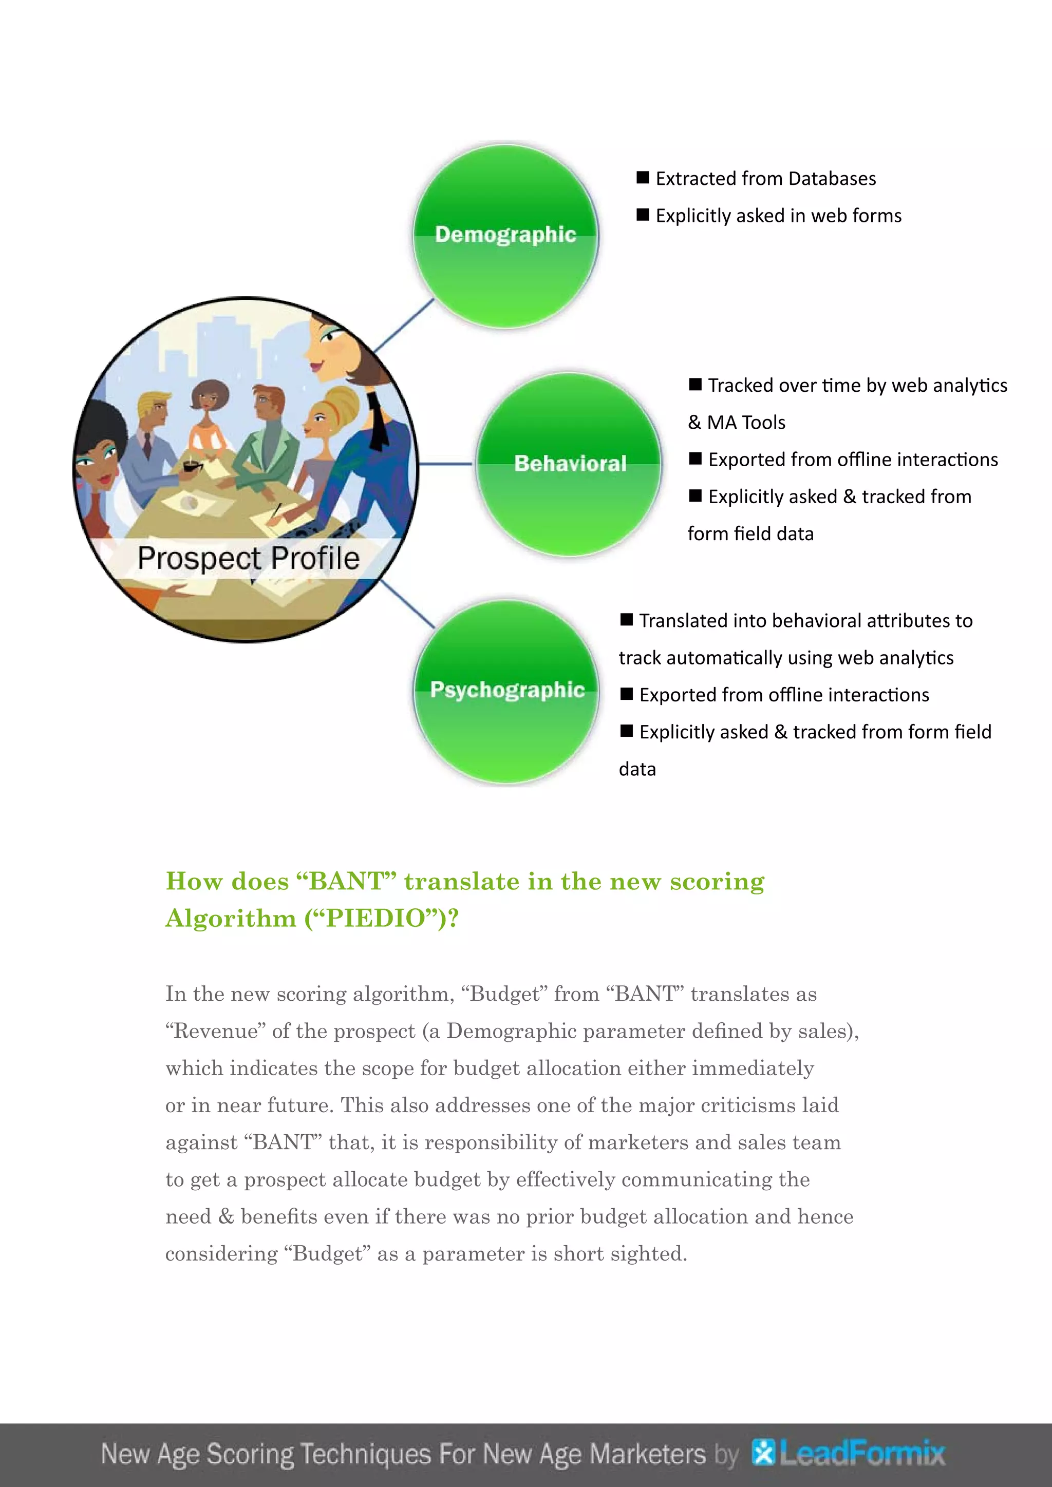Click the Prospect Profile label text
pyautogui.click(x=248, y=558)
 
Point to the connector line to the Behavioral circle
pyautogui.click(x=446, y=464)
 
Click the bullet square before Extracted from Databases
pyautogui.click(x=643, y=178)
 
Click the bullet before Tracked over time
pyautogui.click(x=695, y=384)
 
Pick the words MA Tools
pyautogui.click(x=746, y=422)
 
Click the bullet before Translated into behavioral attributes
pyautogui.click(x=626, y=620)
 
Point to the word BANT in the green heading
pyautogui.click(x=346, y=882)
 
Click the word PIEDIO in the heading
pyautogui.click(x=375, y=919)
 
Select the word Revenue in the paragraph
pyautogui.click(x=216, y=1031)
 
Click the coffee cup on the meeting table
pyautogui.click(x=191, y=466)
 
